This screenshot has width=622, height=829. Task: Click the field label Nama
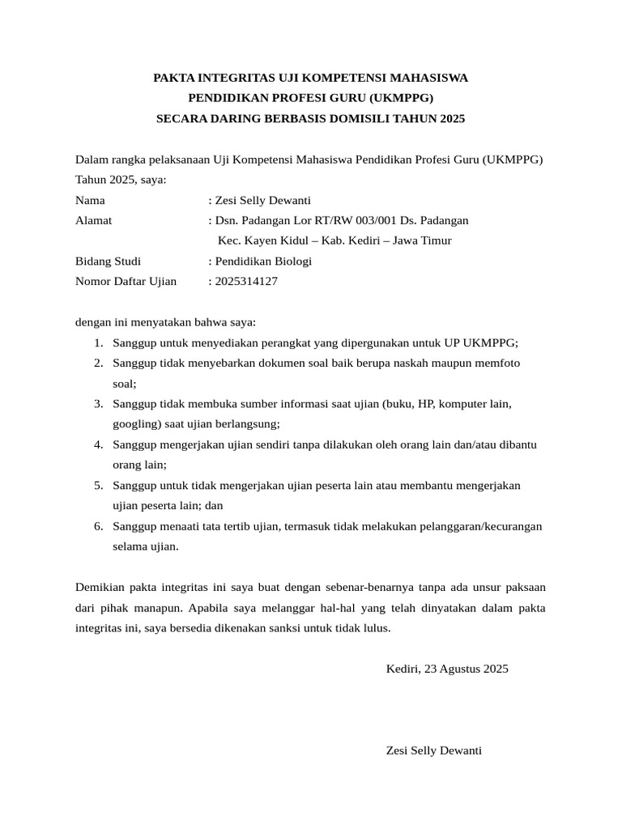90,201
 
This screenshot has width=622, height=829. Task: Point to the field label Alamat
94,220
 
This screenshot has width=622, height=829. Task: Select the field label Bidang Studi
108,261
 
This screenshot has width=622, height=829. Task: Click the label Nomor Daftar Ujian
126,281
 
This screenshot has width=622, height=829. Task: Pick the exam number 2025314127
245,281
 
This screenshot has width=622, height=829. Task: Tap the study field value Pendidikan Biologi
262,261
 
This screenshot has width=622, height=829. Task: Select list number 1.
97,342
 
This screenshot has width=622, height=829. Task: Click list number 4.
97,444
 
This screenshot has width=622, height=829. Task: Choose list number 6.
97,526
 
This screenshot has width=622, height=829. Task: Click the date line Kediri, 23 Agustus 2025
447,669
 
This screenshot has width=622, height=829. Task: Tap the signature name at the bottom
434,750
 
